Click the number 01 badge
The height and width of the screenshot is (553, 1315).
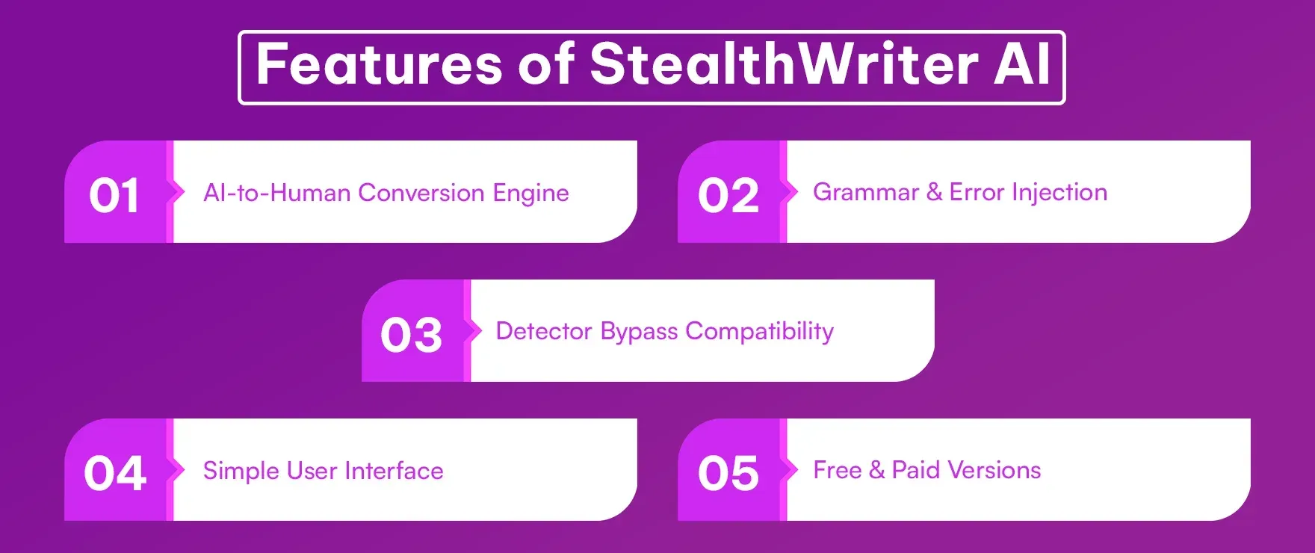pos(114,196)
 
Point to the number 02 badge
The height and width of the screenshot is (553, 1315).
pos(728,196)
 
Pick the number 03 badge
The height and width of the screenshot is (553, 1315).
pos(412,335)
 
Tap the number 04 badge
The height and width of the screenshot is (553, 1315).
pos(115,474)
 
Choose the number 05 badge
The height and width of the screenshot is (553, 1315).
pos(728,474)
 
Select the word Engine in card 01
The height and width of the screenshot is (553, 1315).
pos(531,194)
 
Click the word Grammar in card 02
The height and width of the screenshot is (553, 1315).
pos(866,192)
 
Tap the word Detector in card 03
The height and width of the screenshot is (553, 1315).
pos(544,331)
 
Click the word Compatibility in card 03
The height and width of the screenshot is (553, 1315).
pos(759,331)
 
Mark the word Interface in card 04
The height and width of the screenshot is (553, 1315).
pos(394,471)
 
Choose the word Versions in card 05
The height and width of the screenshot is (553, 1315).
pos(994,470)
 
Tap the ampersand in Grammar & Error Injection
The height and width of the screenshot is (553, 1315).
pos(934,192)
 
